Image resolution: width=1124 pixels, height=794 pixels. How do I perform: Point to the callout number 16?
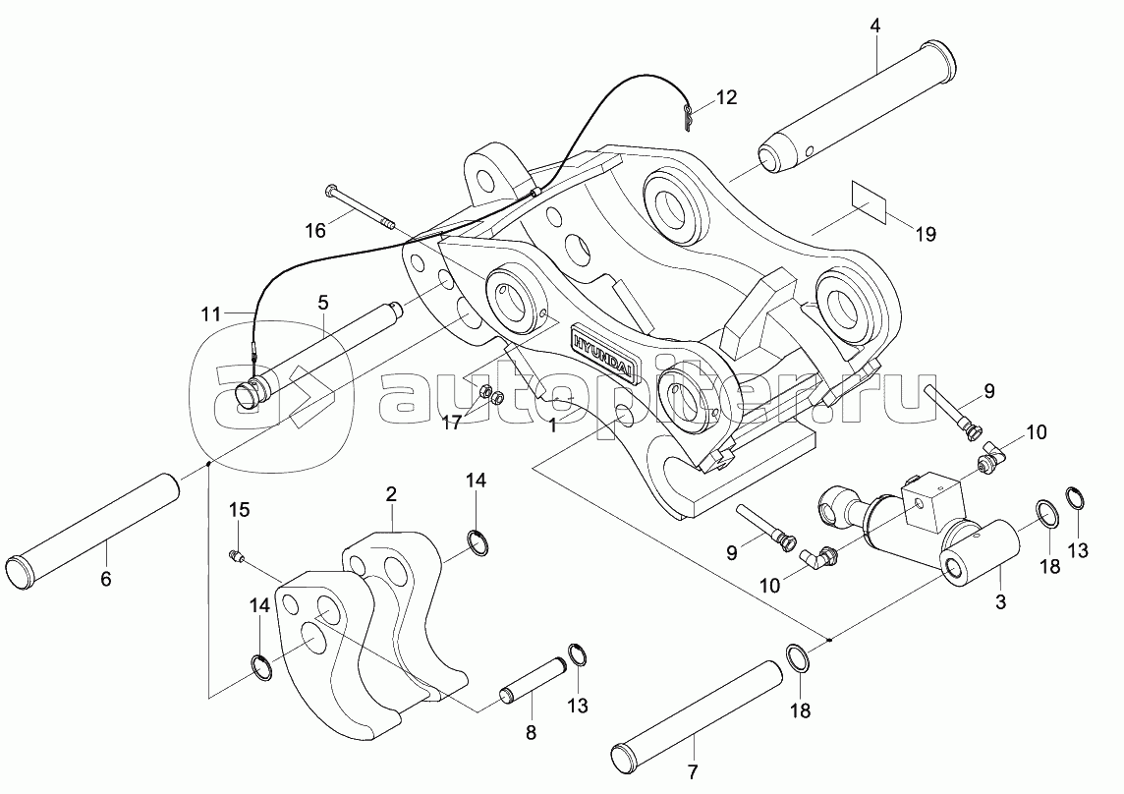click(x=314, y=231)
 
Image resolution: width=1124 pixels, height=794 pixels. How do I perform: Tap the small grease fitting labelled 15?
click(x=237, y=557)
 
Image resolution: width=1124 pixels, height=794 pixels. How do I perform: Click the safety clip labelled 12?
click(x=689, y=118)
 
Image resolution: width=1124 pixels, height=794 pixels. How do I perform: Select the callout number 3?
click(x=1000, y=602)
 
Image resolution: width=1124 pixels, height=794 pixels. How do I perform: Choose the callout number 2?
click(x=391, y=493)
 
